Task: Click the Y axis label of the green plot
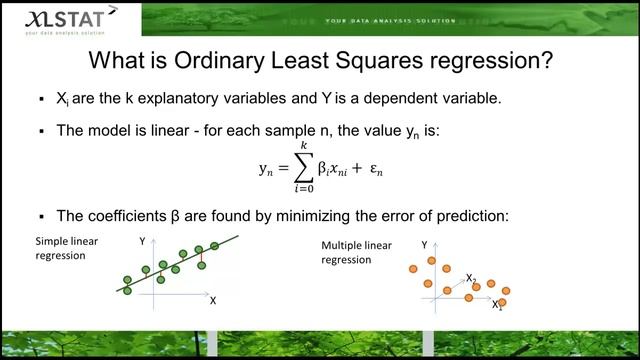(x=143, y=241)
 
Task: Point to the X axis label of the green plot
(x=213, y=299)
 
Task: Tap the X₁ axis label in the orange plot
(x=497, y=305)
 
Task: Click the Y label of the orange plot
(x=424, y=245)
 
